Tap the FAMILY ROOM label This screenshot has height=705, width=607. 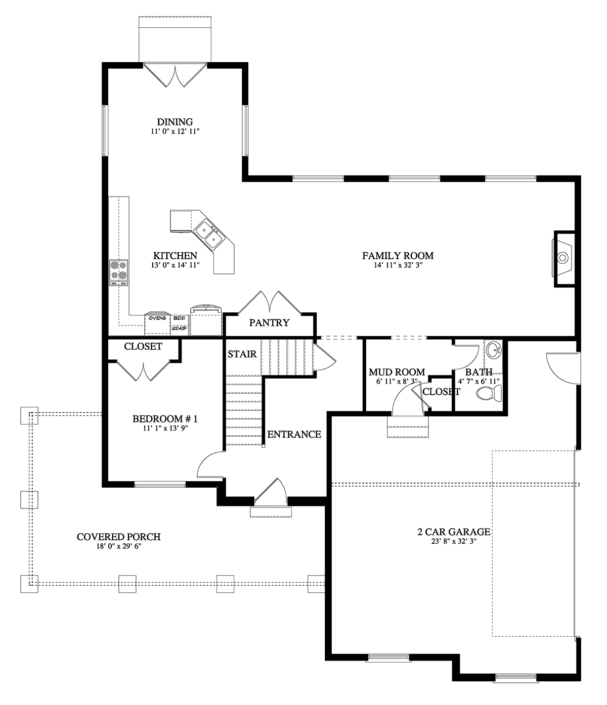point(398,256)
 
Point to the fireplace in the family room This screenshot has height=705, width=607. point(563,258)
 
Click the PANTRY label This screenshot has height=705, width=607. point(269,323)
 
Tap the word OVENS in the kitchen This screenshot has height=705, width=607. point(157,318)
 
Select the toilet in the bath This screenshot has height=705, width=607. point(489,392)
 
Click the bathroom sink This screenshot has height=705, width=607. point(493,349)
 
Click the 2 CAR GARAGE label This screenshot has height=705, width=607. point(454,532)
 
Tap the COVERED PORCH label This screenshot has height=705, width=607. point(118,537)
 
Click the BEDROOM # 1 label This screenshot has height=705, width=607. point(164,419)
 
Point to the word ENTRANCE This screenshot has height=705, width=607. point(294,434)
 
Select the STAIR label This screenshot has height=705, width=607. point(242,354)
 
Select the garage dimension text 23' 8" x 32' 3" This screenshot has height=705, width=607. point(454,541)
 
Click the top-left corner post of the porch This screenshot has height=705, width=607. point(29,415)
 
